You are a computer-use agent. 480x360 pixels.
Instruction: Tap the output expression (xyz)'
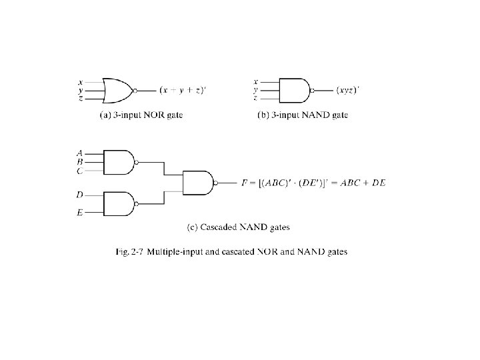tap(347, 90)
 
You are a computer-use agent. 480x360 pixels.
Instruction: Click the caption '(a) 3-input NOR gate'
tap(141, 115)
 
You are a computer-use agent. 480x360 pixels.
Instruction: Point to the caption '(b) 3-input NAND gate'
tap(303, 115)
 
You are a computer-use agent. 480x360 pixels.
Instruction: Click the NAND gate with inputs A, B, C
tap(119, 162)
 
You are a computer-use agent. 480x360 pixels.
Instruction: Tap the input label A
tap(80, 153)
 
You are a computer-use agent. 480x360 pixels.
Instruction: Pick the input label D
tap(80, 195)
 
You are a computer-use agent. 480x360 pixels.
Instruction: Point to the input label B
tap(80, 162)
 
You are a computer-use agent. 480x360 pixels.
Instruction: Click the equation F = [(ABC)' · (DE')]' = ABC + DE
tap(313, 182)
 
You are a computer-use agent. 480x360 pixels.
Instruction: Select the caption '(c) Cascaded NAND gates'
tap(239, 227)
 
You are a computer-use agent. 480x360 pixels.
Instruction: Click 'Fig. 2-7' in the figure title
tap(130, 252)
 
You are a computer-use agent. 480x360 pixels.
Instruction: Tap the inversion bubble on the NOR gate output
tap(135, 90)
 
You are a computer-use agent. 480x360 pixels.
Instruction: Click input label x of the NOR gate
tap(81, 82)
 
